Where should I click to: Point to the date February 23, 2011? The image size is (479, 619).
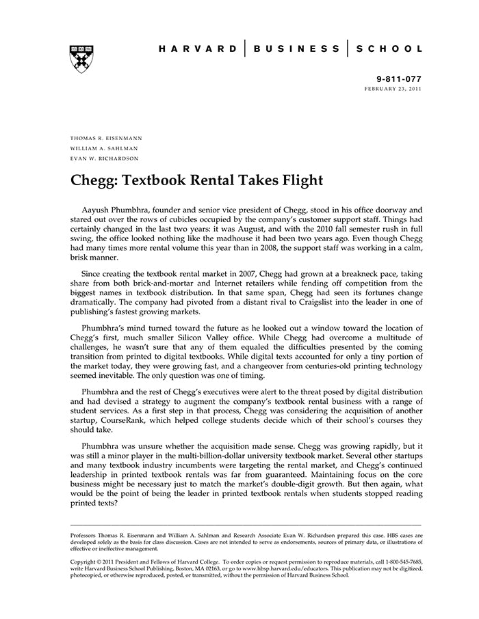pyautogui.click(x=393, y=90)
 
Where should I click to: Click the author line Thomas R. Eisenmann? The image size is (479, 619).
pyautogui.click(x=106, y=138)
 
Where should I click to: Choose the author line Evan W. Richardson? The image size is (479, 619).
pyautogui.click(x=105, y=159)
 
